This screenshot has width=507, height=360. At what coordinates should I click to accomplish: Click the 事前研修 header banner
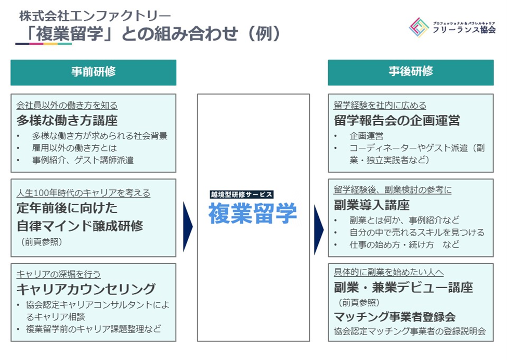pos(94,72)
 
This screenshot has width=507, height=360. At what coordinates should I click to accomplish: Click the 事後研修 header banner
pos(411,72)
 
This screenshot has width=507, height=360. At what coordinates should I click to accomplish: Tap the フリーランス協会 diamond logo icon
pos(419,28)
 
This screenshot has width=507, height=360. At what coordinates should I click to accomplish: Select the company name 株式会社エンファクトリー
pos(95,16)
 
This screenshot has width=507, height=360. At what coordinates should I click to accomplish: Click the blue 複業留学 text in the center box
pos(253,213)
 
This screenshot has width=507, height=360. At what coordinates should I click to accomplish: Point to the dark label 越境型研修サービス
pos(242,195)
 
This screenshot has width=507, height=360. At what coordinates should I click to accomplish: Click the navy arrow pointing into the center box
pos(188,226)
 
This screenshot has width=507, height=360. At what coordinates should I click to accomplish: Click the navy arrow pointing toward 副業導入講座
pos(319,229)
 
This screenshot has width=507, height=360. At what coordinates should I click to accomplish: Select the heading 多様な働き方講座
pos(67,121)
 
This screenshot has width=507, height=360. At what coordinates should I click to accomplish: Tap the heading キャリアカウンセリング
pos(86,289)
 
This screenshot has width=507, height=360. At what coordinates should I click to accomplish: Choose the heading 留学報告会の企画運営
pos(397,121)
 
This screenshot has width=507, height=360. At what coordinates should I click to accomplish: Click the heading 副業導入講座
pos(372,205)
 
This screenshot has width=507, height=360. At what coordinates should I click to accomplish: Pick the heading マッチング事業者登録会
pos(395,317)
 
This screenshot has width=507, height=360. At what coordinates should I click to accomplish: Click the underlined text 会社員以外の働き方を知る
pos(67,106)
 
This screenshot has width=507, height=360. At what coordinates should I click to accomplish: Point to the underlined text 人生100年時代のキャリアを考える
pos(83,193)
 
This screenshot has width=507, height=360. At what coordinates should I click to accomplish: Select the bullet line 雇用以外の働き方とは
pos(74,148)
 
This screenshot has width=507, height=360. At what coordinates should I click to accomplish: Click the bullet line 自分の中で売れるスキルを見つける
pos(417,233)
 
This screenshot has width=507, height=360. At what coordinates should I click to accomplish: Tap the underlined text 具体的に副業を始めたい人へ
pos(388,273)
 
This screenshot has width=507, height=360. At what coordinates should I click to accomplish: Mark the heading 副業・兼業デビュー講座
pos(404,288)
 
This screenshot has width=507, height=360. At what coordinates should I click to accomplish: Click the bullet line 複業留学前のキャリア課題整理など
pos(94,329)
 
